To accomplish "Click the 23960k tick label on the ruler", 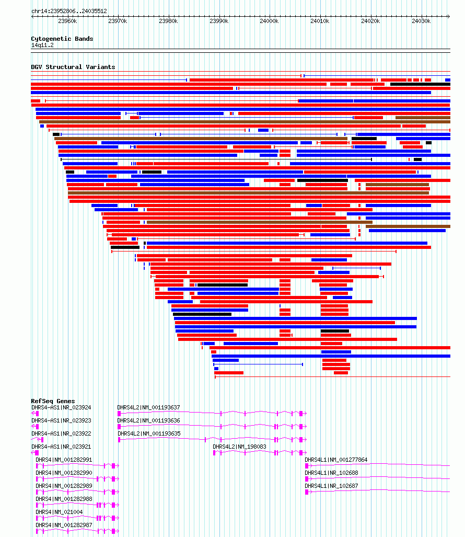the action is pyautogui.click(x=67, y=21).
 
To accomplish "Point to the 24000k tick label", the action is pyautogui.click(x=269, y=21).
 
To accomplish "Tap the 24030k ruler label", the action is pyautogui.click(x=421, y=21).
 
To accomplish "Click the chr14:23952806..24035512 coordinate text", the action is pyautogui.click(x=69, y=11).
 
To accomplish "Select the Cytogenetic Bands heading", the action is pyautogui.click(x=62, y=39).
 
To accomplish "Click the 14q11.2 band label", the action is pyautogui.click(x=42, y=45).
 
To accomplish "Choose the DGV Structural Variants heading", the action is pyautogui.click(x=73, y=67).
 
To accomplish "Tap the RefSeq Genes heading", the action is pyautogui.click(x=53, y=401).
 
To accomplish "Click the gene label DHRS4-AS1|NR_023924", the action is pyautogui.click(x=61, y=407).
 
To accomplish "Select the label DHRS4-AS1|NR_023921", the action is pyautogui.click(x=61, y=447).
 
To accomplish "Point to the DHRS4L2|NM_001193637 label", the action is pyautogui.click(x=148, y=407).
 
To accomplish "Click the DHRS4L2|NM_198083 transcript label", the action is pyautogui.click(x=239, y=447).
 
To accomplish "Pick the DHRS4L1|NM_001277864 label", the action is pyautogui.click(x=336, y=460).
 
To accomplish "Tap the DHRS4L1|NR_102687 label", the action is pyautogui.click(x=332, y=486).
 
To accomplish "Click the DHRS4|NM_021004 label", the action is pyautogui.click(x=59, y=512).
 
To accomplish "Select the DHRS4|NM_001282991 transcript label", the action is pyautogui.click(x=64, y=460).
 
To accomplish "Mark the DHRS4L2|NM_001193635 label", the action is pyautogui.click(x=149, y=433).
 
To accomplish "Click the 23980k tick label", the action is pyautogui.click(x=168, y=21).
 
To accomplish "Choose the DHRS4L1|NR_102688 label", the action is pyautogui.click(x=332, y=473).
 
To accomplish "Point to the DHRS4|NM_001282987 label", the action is pyautogui.click(x=64, y=525).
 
